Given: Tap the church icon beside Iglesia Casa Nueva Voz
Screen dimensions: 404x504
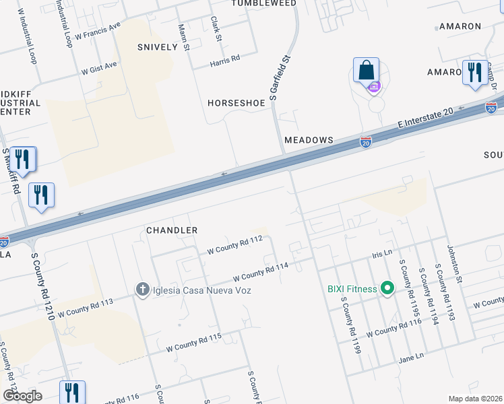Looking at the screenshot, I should tap(142, 290).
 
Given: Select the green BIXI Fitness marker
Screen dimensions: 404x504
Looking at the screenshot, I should tap(387, 289).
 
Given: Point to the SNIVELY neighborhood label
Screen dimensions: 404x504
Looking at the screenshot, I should tap(157, 47).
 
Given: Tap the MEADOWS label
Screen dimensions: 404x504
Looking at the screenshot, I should tap(309, 139).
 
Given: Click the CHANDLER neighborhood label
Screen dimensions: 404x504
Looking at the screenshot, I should tap(172, 230).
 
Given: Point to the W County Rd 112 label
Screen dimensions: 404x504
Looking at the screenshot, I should tap(234, 244).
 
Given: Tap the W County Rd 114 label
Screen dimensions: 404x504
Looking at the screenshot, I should tap(260, 272).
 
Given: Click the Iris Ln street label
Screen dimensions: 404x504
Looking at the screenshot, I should tap(382, 255).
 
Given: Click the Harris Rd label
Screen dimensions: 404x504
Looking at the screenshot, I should tap(225, 60).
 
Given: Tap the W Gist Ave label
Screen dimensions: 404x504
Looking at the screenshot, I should tap(99, 67).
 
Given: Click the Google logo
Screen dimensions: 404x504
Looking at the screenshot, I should tap(22, 395).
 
